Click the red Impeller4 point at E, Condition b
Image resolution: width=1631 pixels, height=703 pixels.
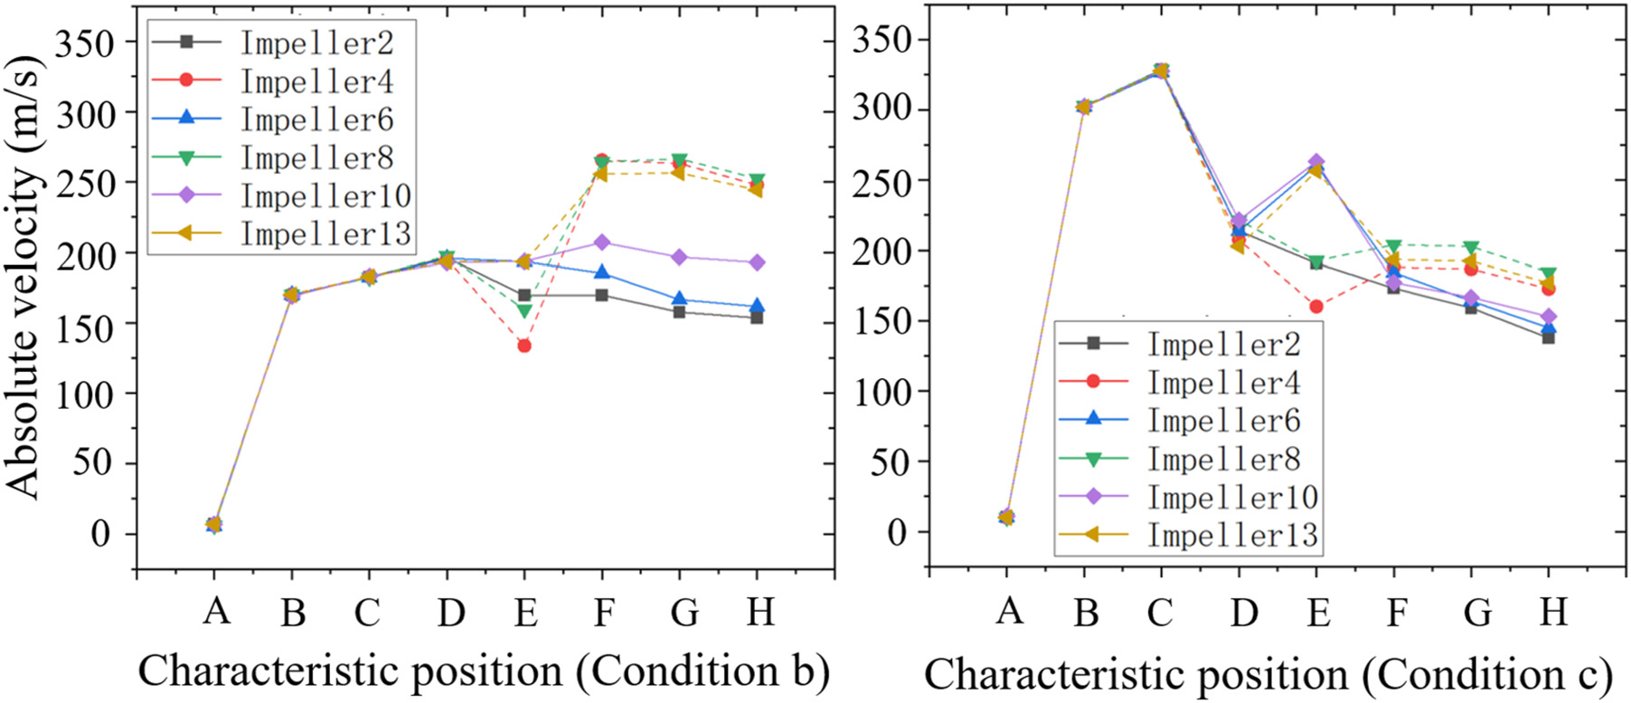pyautogui.click(x=524, y=346)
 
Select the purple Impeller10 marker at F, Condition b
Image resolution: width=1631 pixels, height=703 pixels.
pyautogui.click(x=602, y=242)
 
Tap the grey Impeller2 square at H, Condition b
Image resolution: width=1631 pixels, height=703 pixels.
pyautogui.click(x=757, y=318)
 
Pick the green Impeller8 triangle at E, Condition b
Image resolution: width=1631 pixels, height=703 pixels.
pyautogui.click(x=524, y=311)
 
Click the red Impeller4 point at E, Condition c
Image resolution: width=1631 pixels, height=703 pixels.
pyautogui.click(x=1316, y=307)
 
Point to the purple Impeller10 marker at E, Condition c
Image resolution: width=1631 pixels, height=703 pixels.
pyautogui.click(x=1316, y=162)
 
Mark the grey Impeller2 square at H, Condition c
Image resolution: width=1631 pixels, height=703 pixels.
pyautogui.click(x=1549, y=337)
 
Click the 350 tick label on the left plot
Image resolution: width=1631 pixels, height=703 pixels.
pyautogui.click(x=85, y=43)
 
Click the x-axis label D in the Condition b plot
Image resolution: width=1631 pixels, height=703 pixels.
pyautogui.click(x=450, y=613)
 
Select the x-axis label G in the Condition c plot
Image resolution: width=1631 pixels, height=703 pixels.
pyautogui.click(x=1477, y=613)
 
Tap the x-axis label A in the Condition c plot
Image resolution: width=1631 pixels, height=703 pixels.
pyautogui.click(x=1009, y=612)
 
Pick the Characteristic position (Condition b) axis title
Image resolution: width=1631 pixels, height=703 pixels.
pyautogui.click(x=484, y=671)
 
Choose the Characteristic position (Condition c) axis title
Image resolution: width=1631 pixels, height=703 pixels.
pyautogui.click(x=1268, y=675)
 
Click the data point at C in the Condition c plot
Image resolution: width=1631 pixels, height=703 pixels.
pyautogui.click(x=1161, y=71)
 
